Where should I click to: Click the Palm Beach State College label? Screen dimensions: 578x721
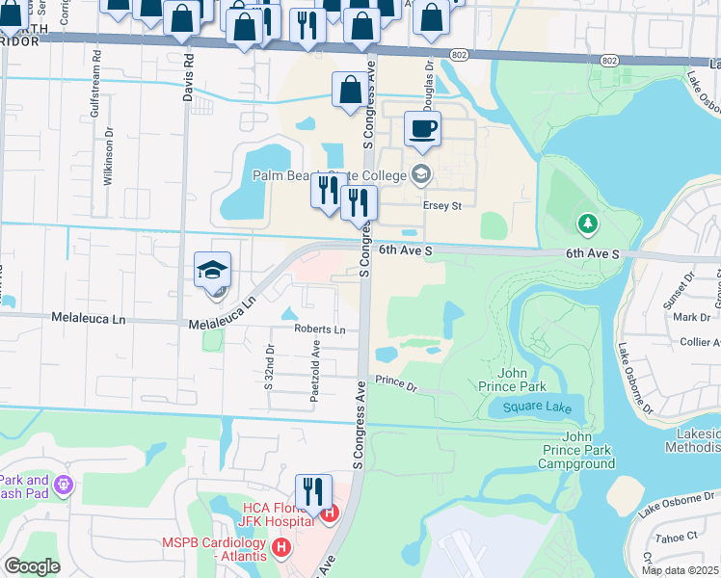328,175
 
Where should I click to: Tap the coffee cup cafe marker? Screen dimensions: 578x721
421,129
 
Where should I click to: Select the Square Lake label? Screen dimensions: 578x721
535,407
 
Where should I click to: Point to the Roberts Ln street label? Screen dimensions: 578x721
320,329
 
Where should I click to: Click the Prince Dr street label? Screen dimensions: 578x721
396,384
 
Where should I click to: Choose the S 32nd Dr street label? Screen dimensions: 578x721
270,366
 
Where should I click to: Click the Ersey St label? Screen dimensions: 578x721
442,205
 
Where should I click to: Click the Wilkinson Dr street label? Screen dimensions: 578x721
109,159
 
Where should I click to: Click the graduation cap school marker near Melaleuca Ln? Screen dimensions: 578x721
212,271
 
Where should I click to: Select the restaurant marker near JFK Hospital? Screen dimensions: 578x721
313,492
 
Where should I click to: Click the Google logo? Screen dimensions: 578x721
32,566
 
